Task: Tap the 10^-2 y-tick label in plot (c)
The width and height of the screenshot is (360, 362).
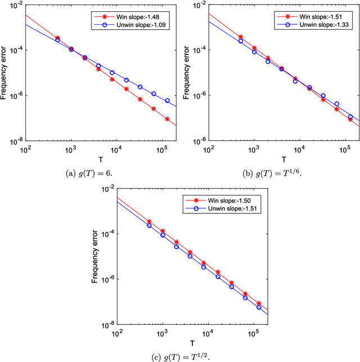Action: [x=107, y=188]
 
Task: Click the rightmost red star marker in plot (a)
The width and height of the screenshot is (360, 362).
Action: [x=167, y=119]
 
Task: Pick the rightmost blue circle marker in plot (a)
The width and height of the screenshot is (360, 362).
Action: [x=167, y=101]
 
